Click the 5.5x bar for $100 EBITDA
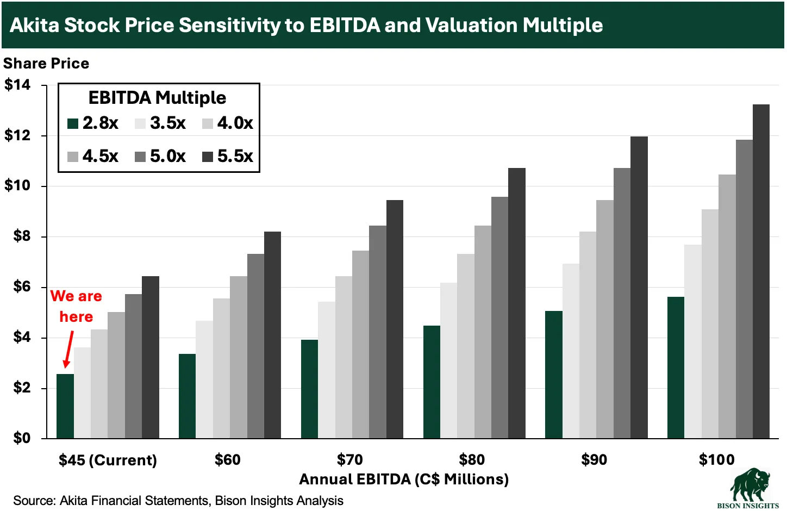tap(761, 272)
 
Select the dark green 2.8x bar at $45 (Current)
tap(65, 406)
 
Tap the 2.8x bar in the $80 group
tap(432, 382)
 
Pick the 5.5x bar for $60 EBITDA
tap(272, 335)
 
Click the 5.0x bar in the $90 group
tap(622, 303)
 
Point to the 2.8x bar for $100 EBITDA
tap(676, 367)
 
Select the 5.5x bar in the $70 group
tap(395, 319)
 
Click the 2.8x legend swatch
tap(73, 123)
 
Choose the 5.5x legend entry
tap(228, 157)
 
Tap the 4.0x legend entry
tap(228, 123)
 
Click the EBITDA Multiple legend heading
tap(157, 98)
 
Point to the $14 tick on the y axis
tap(17, 85)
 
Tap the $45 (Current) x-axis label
tap(108, 460)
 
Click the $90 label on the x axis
tap(594, 460)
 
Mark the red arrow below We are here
tap(68, 350)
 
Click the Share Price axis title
tap(46, 64)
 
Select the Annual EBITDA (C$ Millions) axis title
tap(404, 479)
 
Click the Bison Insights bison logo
tap(749, 485)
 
